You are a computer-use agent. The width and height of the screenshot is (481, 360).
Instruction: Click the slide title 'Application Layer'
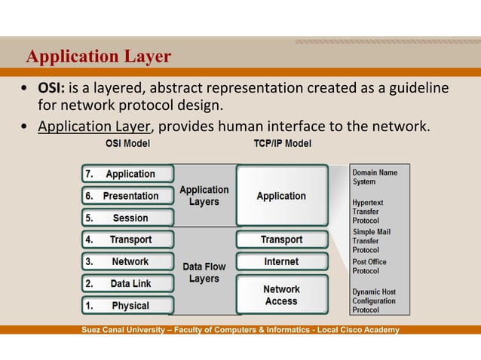pyautogui.click(x=98, y=56)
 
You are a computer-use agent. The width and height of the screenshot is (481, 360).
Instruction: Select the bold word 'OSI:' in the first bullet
pyautogui.click(x=50, y=88)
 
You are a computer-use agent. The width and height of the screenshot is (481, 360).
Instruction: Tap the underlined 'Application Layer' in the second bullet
pyautogui.click(x=94, y=126)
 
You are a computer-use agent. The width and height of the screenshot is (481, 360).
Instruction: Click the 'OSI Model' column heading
pyautogui.click(x=127, y=143)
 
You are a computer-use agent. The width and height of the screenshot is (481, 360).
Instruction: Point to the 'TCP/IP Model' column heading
pyautogui.click(x=283, y=143)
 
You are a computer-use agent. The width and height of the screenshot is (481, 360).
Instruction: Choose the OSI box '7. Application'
pyautogui.click(x=128, y=174)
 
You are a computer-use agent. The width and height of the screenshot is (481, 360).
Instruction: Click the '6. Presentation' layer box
pyautogui.click(x=128, y=196)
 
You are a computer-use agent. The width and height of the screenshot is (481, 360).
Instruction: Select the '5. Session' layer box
pyautogui.click(x=128, y=218)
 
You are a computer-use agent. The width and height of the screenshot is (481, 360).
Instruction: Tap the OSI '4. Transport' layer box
pyautogui.click(x=128, y=239)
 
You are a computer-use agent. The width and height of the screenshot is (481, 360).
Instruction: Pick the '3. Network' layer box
pyautogui.click(x=128, y=261)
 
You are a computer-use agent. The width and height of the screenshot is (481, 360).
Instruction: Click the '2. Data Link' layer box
pyautogui.click(x=128, y=284)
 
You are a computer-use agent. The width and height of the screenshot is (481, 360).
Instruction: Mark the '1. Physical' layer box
pyautogui.click(x=128, y=306)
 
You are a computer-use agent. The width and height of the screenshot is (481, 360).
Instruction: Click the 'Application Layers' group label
pyautogui.click(x=204, y=196)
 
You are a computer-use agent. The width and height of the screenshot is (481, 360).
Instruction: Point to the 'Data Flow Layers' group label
pyautogui.click(x=204, y=273)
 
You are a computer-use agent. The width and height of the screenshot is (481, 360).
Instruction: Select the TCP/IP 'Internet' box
pyautogui.click(x=281, y=261)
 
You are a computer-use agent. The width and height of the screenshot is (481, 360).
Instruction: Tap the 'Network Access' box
pyautogui.click(x=281, y=295)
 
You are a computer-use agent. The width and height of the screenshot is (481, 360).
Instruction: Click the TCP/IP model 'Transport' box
pyautogui.click(x=281, y=239)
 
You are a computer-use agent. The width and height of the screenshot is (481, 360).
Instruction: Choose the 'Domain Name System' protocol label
pyautogui.click(x=375, y=177)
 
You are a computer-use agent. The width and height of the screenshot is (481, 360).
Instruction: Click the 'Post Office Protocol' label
pyautogui.click(x=369, y=267)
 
